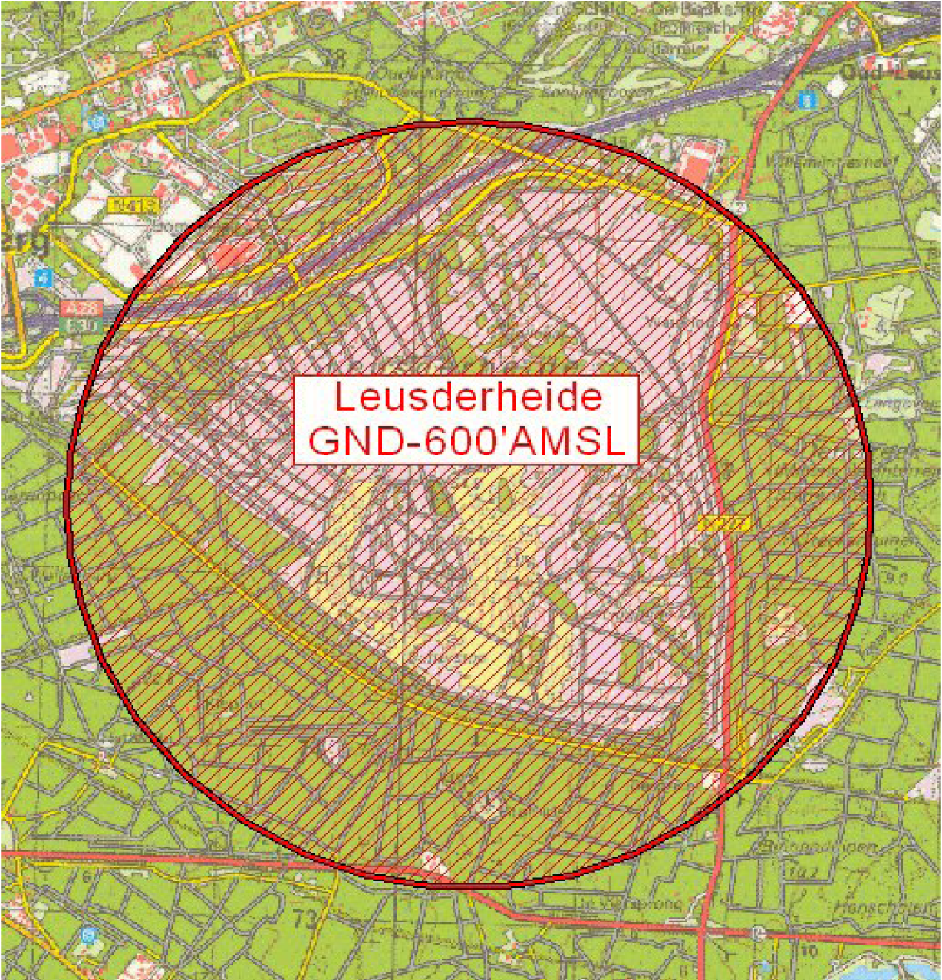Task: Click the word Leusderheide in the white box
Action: [467, 398]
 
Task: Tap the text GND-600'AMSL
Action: [466, 442]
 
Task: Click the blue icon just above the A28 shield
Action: [44, 277]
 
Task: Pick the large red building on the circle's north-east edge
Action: [695, 163]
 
